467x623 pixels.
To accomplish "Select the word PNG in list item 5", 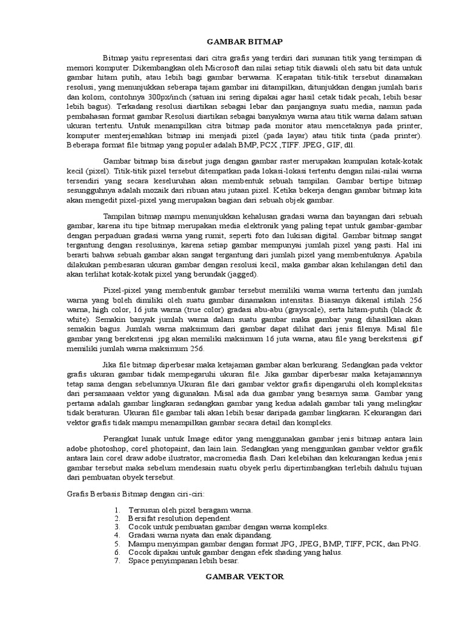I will (x=412, y=544).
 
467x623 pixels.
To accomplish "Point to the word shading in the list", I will (x=289, y=552).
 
